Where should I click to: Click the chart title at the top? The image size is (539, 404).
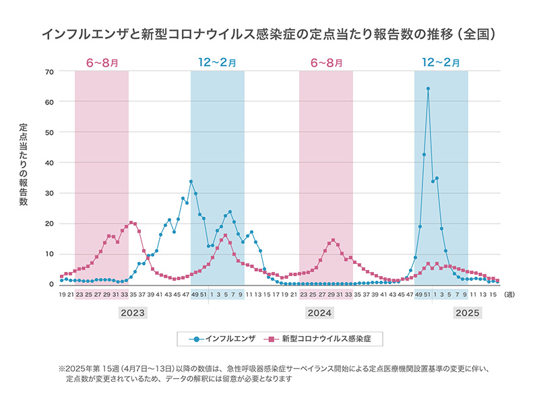[x=269, y=32]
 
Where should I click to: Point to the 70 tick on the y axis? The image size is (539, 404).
[x=49, y=71]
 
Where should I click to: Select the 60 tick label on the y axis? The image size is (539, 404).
[x=49, y=102]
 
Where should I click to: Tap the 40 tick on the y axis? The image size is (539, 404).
[x=49, y=162]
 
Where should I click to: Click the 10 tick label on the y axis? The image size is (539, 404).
[x=49, y=254]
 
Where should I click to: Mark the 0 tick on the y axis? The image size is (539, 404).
[x=51, y=284]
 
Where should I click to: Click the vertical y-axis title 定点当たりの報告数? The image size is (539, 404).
[x=24, y=164]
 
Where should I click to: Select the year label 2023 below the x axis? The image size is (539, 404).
[x=133, y=313]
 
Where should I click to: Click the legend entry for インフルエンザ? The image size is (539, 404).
[x=222, y=339]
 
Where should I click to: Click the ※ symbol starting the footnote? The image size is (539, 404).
[x=61, y=369]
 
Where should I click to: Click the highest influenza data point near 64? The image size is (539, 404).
[x=428, y=88]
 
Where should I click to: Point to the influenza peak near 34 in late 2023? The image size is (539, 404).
[x=191, y=181]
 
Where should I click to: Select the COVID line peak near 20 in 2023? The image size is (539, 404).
[x=131, y=222]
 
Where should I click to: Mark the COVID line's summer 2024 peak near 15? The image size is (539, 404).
[x=333, y=240]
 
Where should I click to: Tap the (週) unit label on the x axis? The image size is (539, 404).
[x=509, y=294]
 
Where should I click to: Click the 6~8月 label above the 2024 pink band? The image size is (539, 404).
[x=326, y=63]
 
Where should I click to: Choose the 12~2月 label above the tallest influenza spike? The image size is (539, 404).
[x=441, y=63]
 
